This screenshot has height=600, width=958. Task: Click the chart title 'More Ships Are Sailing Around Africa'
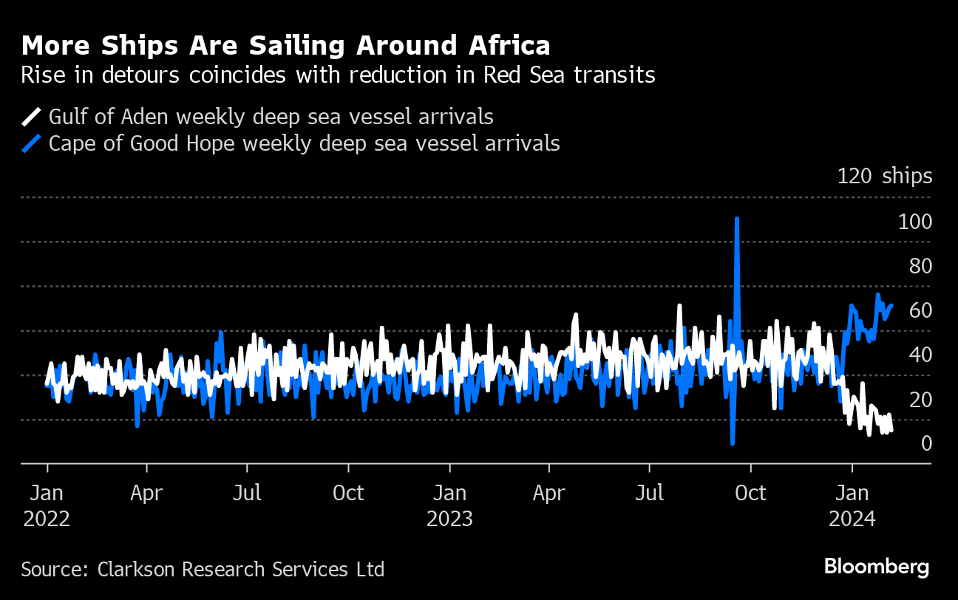point(285,46)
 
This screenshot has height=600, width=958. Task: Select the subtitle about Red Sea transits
point(338,75)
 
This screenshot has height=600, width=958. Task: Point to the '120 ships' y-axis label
point(884,176)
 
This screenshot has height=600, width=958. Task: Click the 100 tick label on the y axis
point(914,222)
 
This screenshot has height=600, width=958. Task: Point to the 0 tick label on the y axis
point(925,443)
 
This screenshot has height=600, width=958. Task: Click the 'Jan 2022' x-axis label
point(47,505)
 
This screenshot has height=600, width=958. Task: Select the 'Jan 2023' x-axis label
point(449,505)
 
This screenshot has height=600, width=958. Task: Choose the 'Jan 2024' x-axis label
point(852,505)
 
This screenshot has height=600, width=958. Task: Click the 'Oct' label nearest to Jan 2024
point(750,493)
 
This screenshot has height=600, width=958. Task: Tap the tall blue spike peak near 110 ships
point(737,219)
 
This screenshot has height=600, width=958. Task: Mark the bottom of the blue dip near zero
point(732,443)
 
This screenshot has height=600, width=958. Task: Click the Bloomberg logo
point(876,567)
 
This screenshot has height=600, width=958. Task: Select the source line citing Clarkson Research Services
point(203,570)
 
